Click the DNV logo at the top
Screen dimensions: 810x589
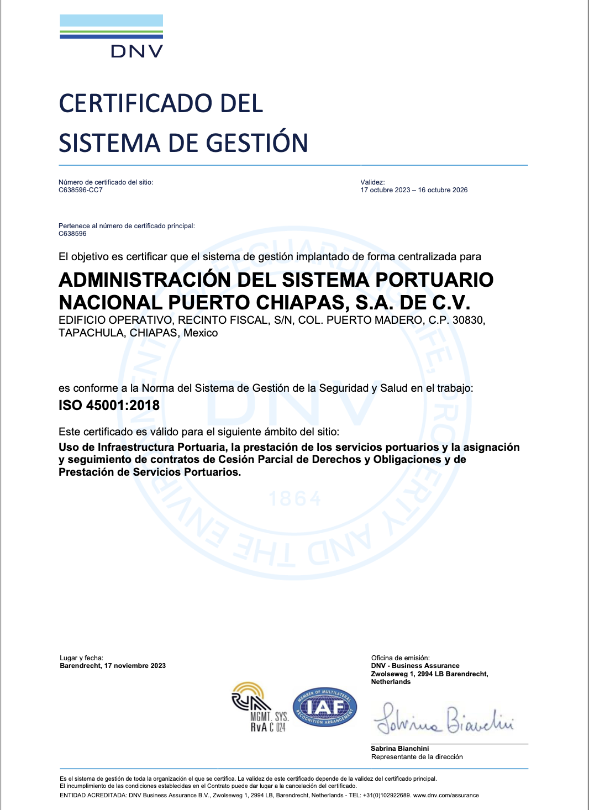(111, 36)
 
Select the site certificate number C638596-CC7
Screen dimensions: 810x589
(81, 190)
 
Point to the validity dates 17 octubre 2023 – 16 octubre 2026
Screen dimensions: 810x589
(414, 190)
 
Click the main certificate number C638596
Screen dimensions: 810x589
(72, 234)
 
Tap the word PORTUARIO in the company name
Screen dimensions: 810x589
(434, 280)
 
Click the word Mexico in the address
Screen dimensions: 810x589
(201, 333)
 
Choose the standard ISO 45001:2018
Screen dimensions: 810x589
(109, 405)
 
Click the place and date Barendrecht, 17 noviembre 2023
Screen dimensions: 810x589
(113, 666)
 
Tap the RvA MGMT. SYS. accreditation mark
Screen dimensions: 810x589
(260, 708)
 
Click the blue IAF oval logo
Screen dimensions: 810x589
(324, 707)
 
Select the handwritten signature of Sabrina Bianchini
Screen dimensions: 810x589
(444, 720)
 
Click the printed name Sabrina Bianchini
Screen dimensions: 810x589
(399, 749)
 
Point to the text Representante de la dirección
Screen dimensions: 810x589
(417, 757)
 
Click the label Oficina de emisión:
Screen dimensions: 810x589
(400, 658)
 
